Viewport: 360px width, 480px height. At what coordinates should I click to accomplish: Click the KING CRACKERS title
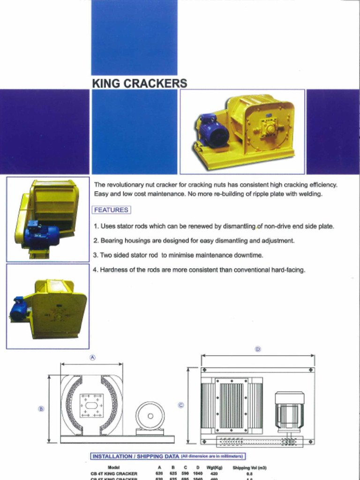click(139, 83)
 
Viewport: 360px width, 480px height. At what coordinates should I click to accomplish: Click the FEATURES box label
click(111, 210)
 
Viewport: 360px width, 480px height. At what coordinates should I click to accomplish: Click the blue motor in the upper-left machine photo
click(41, 235)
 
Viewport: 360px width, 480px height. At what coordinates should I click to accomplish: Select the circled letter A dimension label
click(92, 357)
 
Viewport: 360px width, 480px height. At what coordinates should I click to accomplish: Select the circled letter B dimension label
click(41, 409)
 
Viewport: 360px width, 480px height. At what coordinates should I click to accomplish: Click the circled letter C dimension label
click(181, 405)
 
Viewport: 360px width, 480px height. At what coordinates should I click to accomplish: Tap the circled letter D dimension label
click(258, 349)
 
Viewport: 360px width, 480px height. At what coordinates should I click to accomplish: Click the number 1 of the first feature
click(96, 226)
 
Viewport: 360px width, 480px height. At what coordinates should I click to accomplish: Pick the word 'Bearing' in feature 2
click(111, 241)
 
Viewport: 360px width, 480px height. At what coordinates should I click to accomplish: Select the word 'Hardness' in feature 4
click(112, 270)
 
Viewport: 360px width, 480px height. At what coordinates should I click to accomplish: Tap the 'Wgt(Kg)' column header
click(214, 467)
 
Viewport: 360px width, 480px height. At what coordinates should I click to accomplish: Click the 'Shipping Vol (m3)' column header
click(249, 467)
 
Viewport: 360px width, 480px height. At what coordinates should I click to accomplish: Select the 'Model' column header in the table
click(114, 467)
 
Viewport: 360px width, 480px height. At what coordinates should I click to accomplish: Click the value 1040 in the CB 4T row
click(198, 474)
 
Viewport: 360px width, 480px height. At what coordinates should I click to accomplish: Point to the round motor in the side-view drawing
click(150, 416)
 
